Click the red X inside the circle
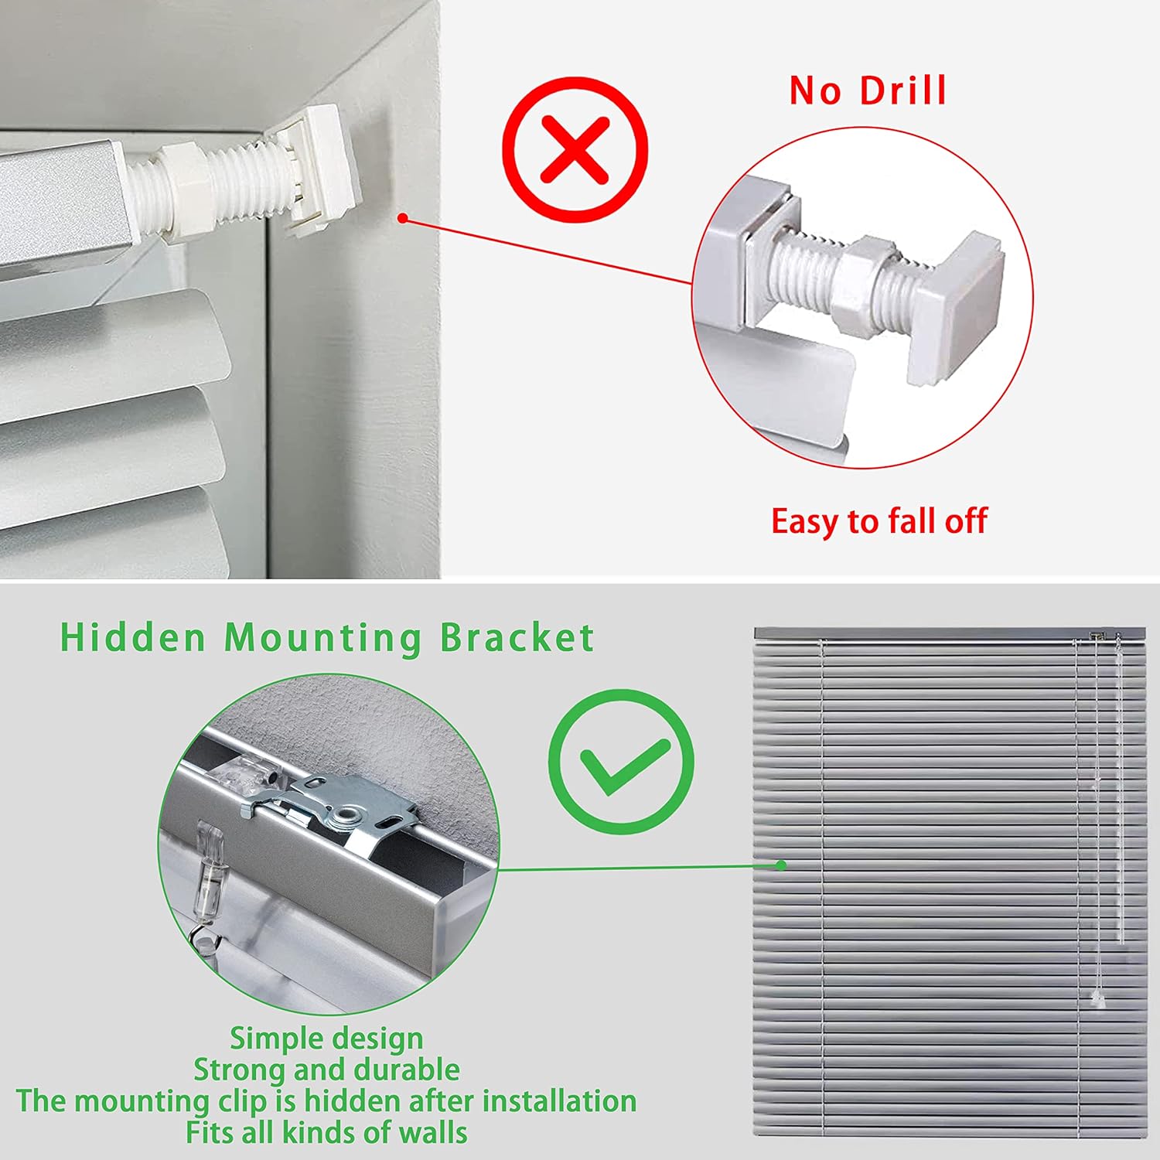coord(575,148)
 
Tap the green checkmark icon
coord(621,763)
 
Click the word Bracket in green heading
coord(517,639)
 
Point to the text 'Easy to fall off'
coord(879,521)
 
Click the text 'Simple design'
coord(326,1039)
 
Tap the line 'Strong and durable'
coord(326,1070)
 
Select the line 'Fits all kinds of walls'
coord(326,1133)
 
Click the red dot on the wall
coord(402,218)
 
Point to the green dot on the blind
coord(781,865)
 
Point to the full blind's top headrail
coord(949,633)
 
